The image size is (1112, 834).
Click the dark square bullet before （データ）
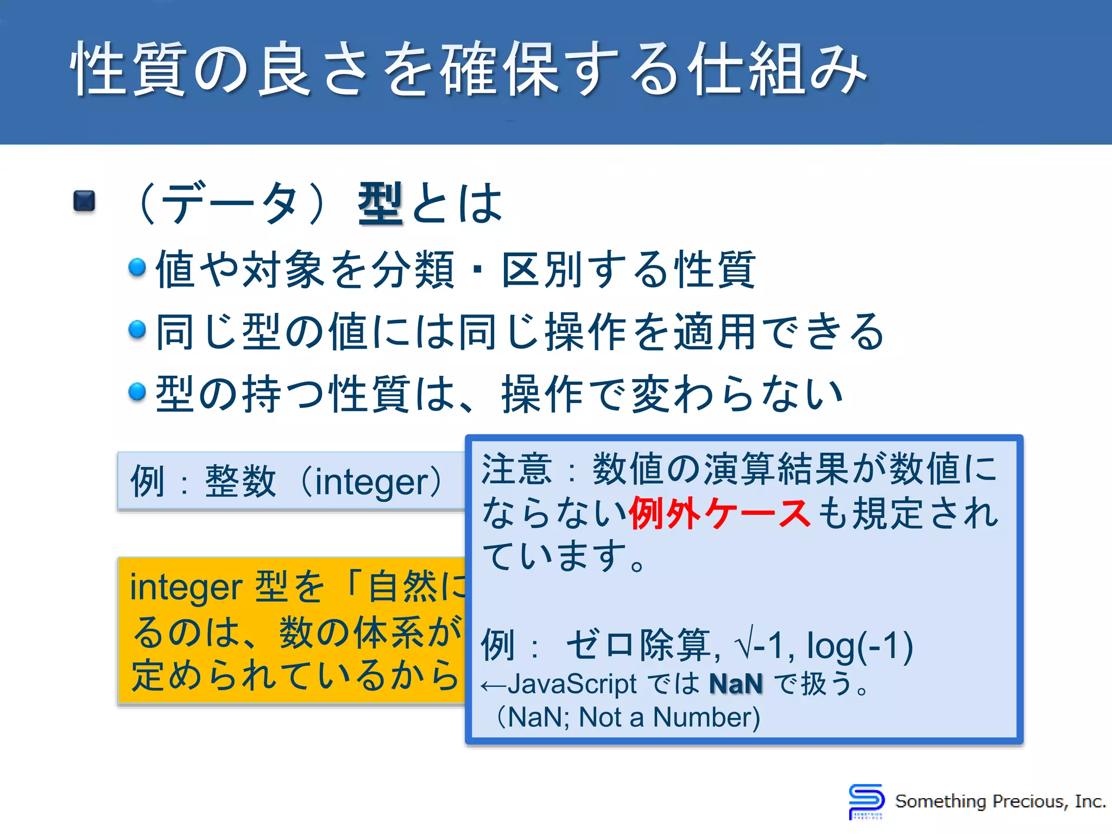click(84, 201)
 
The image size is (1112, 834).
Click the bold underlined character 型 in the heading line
click(380, 204)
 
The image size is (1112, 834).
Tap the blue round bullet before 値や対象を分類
click(137, 267)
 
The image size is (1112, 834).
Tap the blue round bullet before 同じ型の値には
click(137, 330)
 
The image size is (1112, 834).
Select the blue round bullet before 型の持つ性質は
click(137, 391)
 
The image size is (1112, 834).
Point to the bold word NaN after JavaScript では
click(736, 684)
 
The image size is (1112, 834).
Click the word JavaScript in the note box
click(572, 684)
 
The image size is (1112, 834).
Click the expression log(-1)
click(859, 646)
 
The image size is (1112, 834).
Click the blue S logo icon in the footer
click(865, 801)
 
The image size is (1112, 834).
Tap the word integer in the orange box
click(186, 588)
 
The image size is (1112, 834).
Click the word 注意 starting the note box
click(516, 470)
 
